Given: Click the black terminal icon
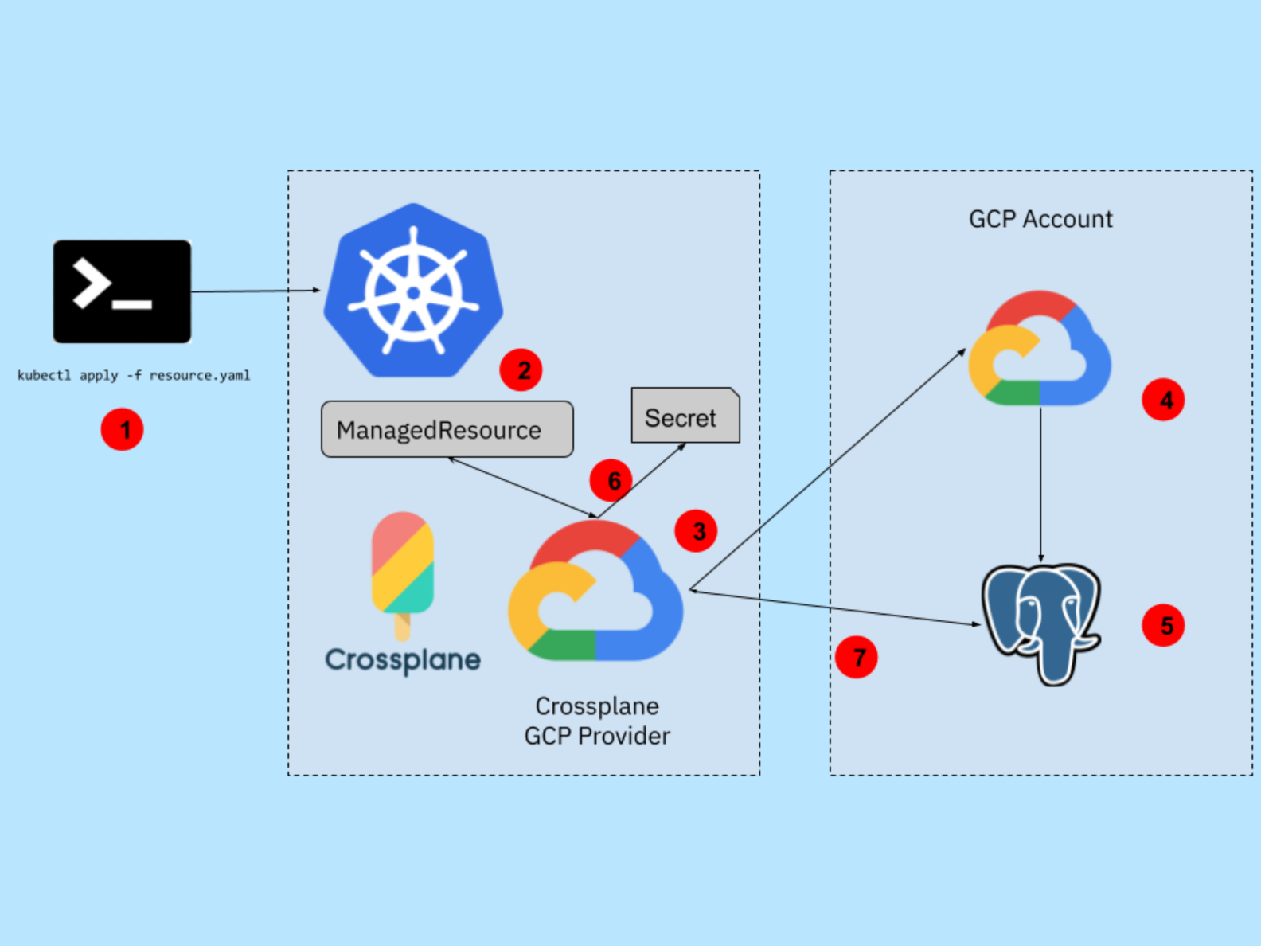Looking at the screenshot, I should click(122, 291).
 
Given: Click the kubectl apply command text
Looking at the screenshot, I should click(134, 375).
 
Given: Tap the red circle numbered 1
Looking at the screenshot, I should click(122, 430).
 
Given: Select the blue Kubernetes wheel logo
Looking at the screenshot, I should click(412, 291).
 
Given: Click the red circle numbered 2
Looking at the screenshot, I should click(521, 369).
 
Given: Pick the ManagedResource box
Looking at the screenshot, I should click(447, 430).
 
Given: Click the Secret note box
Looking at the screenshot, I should click(685, 416).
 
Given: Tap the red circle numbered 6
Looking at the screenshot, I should click(611, 480).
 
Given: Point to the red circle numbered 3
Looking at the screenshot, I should click(696, 531).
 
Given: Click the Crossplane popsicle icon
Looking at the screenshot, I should click(403, 572).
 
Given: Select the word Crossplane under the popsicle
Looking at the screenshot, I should click(403, 659).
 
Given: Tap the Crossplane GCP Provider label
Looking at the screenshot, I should click(597, 721).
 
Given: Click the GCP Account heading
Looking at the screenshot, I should click(1040, 219).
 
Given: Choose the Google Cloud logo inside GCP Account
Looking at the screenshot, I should click(1040, 350).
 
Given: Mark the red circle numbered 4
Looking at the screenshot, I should click(1163, 400).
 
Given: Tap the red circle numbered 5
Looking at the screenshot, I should click(1163, 626).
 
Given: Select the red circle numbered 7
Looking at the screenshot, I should click(857, 658).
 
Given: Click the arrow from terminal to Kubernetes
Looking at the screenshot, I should click(255, 291).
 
